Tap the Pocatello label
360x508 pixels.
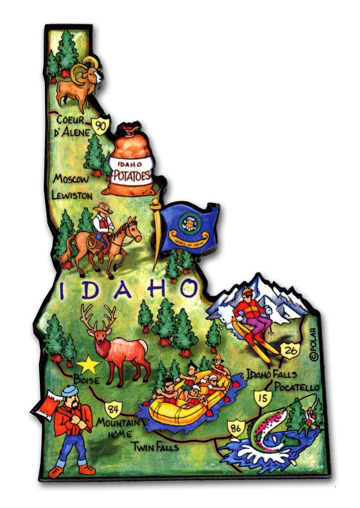297,387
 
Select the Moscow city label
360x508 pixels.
70,179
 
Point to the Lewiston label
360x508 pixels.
72,196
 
